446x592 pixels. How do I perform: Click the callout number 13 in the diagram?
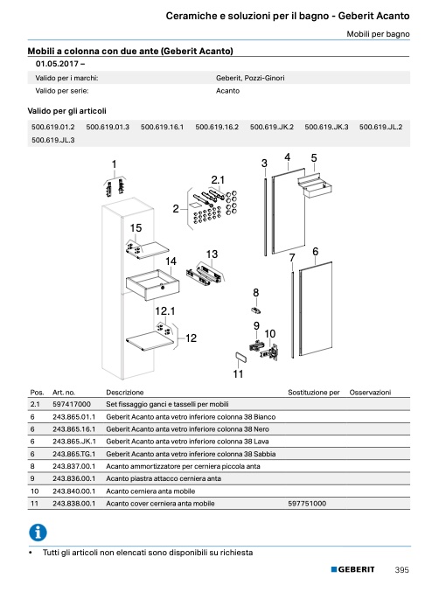click(212, 254)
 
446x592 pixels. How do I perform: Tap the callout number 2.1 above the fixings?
click(218, 180)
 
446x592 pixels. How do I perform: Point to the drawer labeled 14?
click(152, 285)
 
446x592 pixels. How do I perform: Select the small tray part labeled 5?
click(315, 185)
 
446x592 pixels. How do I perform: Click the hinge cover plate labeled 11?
click(240, 357)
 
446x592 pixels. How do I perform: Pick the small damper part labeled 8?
click(256, 310)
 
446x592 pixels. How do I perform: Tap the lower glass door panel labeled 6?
click(316, 309)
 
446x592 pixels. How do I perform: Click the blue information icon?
click(38, 533)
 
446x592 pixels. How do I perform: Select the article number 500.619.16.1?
click(162, 127)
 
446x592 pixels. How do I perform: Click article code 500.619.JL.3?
click(52, 140)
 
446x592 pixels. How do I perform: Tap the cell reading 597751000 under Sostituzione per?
click(307, 504)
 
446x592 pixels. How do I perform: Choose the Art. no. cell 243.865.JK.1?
click(74, 442)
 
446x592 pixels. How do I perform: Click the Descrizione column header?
click(125, 393)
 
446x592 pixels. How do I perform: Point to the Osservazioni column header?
click(370, 393)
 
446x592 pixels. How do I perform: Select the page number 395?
click(401, 570)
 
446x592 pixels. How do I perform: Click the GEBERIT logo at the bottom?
click(353, 569)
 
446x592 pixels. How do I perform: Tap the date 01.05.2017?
click(57, 64)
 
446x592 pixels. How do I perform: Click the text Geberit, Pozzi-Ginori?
click(250, 78)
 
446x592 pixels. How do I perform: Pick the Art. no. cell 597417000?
click(72, 404)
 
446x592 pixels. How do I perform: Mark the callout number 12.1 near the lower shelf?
click(165, 311)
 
